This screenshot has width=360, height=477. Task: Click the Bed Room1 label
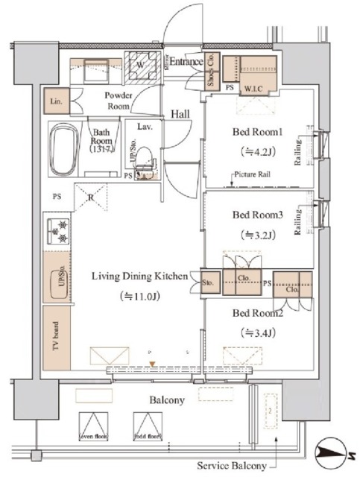point(257,133)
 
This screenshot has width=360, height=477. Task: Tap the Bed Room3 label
point(257,215)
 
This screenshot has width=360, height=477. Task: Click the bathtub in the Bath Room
point(64,148)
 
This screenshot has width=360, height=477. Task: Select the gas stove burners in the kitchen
point(57,230)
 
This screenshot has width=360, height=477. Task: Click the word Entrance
point(185,62)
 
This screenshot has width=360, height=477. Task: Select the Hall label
point(180,115)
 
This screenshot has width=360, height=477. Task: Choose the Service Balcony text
point(231,465)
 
